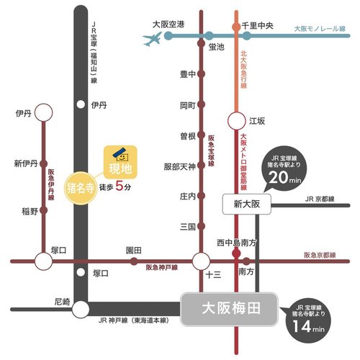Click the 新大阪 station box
coord(245,204)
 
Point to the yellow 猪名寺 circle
coord(81,188)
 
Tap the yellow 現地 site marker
coord(120,164)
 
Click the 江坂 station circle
coord(235,122)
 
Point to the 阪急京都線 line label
coord(320,255)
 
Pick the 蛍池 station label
coord(217,47)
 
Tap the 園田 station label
coord(133,249)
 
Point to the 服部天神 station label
coord(180,166)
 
